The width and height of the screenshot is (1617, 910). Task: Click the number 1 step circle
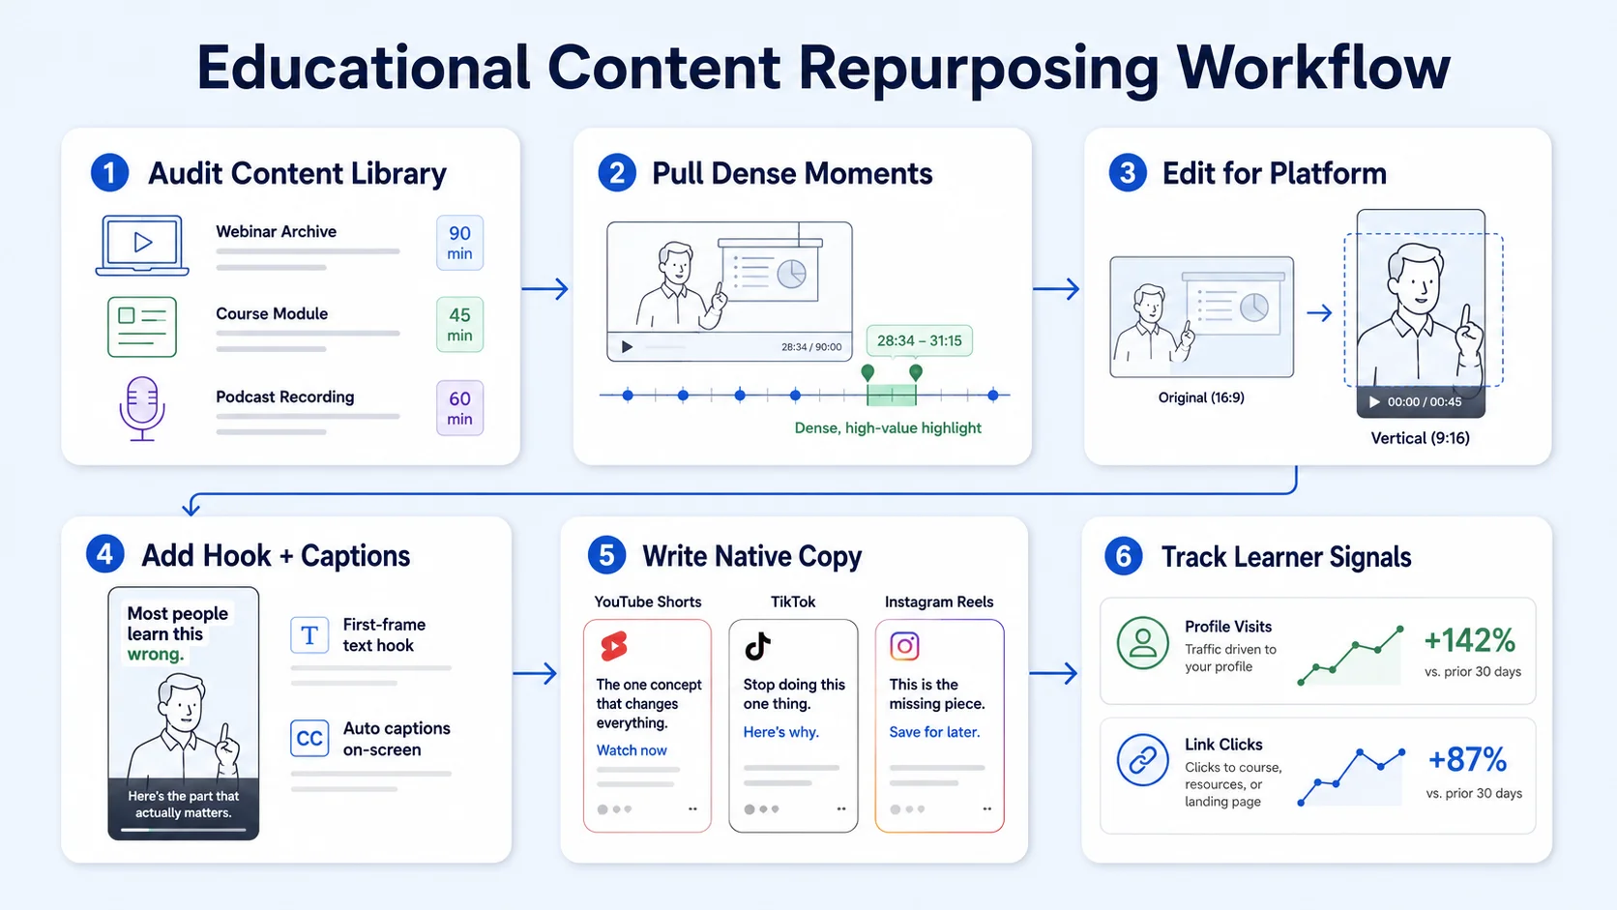[109, 173]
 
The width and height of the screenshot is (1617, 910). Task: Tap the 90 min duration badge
[459, 243]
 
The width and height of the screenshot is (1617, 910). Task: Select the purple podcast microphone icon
[142, 408]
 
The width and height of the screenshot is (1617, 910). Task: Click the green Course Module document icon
[142, 327]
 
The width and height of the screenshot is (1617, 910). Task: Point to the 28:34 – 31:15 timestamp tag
[919, 340]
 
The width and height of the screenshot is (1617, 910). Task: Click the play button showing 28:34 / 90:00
[628, 347]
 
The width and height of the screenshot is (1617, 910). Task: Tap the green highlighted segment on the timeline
[892, 395]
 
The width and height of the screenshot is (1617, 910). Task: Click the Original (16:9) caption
[1201, 397]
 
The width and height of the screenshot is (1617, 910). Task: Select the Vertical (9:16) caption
[1420, 438]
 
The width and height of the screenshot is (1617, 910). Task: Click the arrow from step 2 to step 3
[1056, 288]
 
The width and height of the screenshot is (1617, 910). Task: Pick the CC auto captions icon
[309, 738]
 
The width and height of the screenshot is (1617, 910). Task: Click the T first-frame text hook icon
[309, 635]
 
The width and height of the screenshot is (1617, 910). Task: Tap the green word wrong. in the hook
[156, 655]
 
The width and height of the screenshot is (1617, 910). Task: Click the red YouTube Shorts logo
[614, 646]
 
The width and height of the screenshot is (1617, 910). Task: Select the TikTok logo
[758, 646]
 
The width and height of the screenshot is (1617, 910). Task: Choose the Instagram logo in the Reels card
[904, 646]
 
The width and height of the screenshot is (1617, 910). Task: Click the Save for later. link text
[934, 732]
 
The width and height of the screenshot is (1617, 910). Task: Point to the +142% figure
[1469, 640]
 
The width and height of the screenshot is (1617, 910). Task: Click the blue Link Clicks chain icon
[1143, 760]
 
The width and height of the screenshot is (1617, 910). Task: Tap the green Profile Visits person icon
[1143, 642]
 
